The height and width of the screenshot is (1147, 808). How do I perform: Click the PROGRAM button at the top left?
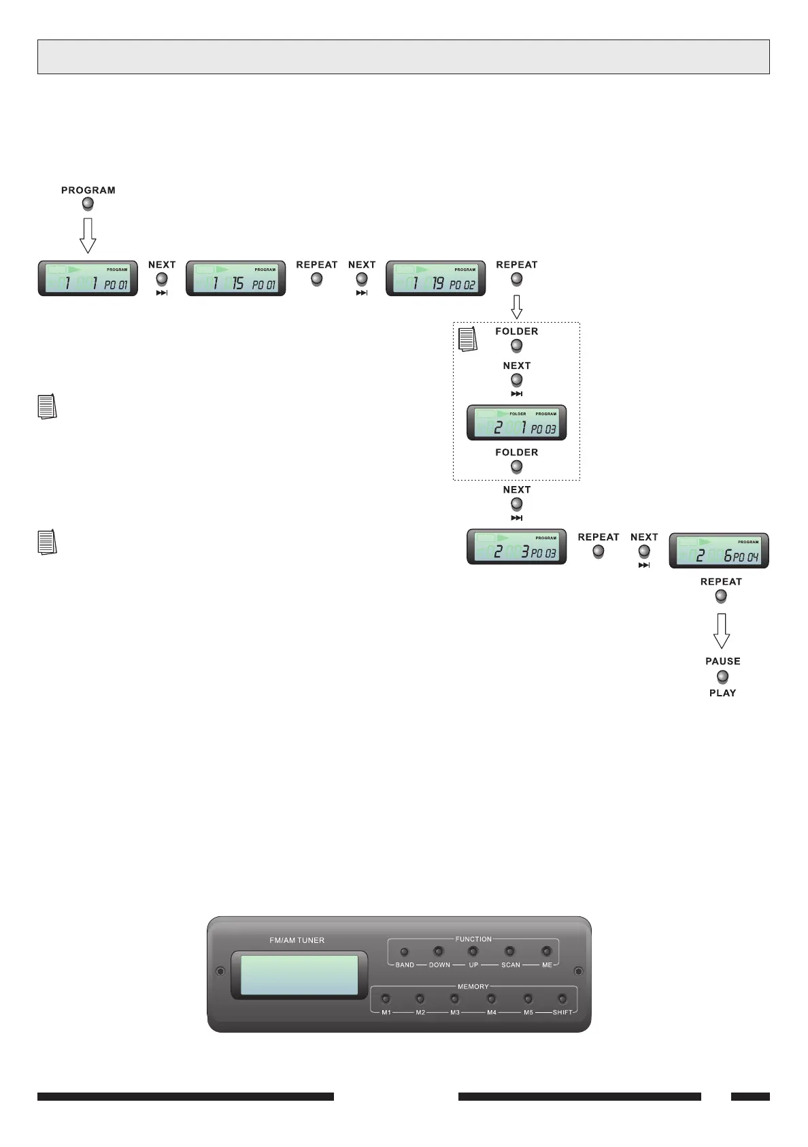point(88,203)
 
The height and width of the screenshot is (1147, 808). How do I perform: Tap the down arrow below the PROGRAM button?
point(88,236)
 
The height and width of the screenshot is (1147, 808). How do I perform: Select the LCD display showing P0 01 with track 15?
point(235,278)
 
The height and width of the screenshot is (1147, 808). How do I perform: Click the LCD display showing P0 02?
point(435,278)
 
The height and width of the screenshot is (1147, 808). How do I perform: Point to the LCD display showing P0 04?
point(719,551)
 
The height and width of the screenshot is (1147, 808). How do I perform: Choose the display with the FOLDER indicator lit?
point(516,423)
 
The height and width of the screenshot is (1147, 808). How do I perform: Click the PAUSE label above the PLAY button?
point(722,661)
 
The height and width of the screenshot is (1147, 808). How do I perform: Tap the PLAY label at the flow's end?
point(722,693)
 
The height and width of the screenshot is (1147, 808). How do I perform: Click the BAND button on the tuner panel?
point(405,952)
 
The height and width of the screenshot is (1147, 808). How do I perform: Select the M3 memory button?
point(454,999)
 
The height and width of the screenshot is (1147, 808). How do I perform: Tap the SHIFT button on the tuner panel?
point(562,999)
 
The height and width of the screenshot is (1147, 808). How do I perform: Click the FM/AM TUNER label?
point(297,940)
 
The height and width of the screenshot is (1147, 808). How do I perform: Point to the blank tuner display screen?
point(299,975)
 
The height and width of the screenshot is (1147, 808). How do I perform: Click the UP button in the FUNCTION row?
point(473,952)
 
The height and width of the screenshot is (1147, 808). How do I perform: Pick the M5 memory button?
point(528,999)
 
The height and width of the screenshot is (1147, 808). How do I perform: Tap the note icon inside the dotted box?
point(468,339)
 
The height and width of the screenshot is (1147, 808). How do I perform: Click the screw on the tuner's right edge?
point(578,971)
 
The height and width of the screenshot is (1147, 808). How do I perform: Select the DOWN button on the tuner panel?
point(439,952)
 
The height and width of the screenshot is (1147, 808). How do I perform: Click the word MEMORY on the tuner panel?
point(473,986)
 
